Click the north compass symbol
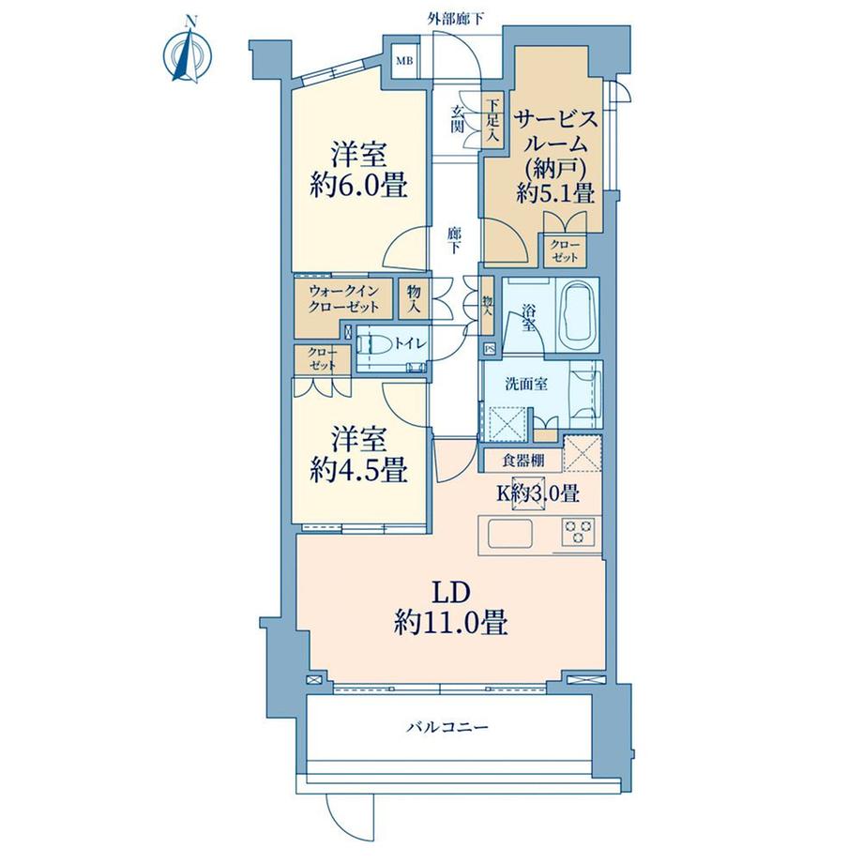[x=189, y=52]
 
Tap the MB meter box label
[x=404, y=61]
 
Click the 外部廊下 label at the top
[x=456, y=20]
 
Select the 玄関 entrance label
[x=458, y=119]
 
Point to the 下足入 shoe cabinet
[x=492, y=119]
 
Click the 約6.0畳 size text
[x=358, y=185]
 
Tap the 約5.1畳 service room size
[x=555, y=193]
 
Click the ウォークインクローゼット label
[x=343, y=299]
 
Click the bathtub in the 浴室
[x=577, y=317]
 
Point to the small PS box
[x=490, y=348]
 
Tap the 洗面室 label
[x=526, y=384]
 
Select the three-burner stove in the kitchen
[x=579, y=531]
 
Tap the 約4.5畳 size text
[x=358, y=471]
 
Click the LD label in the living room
[x=450, y=592]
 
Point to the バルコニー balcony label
[x=447, y=728]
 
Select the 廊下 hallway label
[x=454, y=240]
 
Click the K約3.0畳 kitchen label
[x=538, y=493]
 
